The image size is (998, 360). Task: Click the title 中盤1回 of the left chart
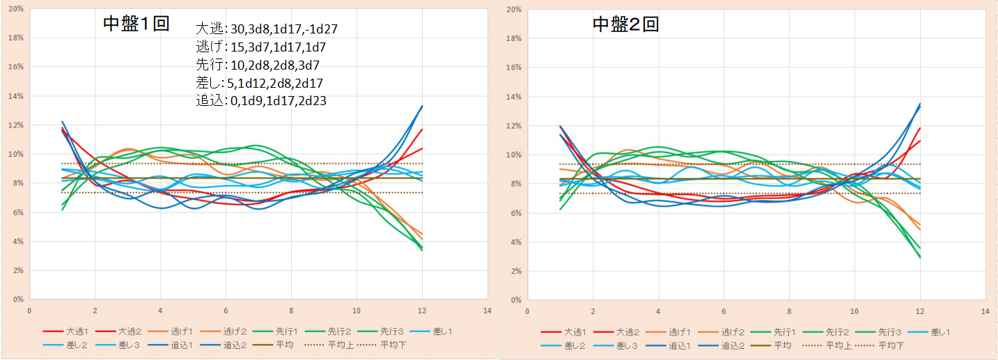pos(136,24)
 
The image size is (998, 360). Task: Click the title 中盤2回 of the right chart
pos(625,25)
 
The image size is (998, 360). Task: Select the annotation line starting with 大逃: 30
pos(267,29)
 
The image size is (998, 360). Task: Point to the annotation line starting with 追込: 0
pos(262,101)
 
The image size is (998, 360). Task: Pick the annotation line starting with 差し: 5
pos(260,83)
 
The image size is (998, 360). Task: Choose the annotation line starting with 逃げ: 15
pos(260,47)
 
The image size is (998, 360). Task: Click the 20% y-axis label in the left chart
pos(15,9)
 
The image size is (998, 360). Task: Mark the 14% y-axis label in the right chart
pos(513,97)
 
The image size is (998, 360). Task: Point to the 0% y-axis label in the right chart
pos(515,300)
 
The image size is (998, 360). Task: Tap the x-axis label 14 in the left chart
pos(487,311)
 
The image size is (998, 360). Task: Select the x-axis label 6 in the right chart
pos(723,311)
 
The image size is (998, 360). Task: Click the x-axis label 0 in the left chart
pos(29,311)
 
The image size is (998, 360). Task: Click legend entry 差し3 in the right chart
pos(628,345)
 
